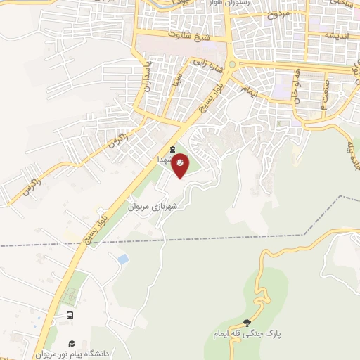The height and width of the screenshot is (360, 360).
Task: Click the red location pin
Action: [181, 166]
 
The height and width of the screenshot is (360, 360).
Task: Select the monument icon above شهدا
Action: [173, 149]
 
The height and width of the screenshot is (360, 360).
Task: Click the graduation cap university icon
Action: [71, 343]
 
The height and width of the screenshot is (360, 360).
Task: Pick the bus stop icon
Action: [70, 316]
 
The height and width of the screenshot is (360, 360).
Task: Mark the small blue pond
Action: [123, 259]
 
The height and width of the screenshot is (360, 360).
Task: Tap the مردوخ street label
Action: [277, 14]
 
